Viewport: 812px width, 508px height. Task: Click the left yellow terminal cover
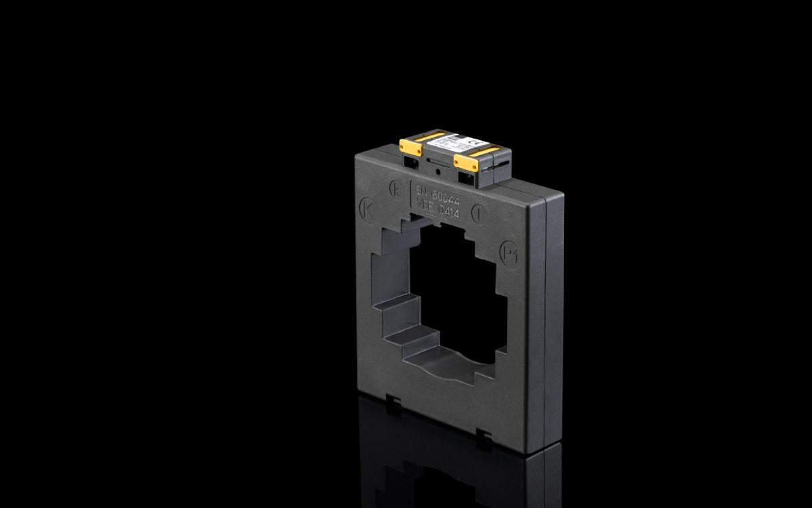410,146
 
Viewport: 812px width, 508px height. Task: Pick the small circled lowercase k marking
396,188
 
